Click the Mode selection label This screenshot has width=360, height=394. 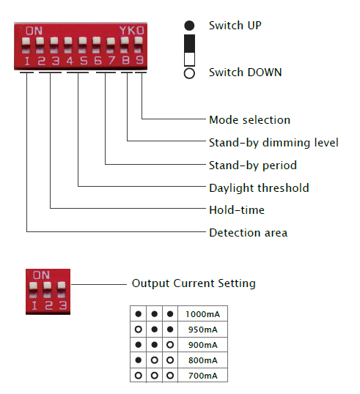coord(249,120)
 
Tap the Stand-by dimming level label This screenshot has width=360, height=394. coord(273,143)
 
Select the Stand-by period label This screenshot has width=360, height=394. coord(253,166)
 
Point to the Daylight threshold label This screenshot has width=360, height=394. coord(259,188)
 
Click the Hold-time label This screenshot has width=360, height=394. coord(237,210)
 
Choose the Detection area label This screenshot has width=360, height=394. coord(249,233)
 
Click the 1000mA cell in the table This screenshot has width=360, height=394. coord(203,314)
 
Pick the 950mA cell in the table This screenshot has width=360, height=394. coord(203,330)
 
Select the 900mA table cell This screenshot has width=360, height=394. coord(203,345)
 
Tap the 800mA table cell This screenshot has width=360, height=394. coord(203,360)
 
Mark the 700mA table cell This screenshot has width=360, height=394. coord(203,376)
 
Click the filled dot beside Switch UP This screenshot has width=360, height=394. coord(189,26)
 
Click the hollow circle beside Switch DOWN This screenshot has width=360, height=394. coord(189,73)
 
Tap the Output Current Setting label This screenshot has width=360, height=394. coord(194,283)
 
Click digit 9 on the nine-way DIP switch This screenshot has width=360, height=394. coord(139,60)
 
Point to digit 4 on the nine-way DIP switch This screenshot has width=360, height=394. coord(70,61)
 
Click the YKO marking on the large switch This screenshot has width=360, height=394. coord(132,31)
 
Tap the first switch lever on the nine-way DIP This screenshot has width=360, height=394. coord(26,45)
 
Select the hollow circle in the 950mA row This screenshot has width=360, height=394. coord(139,329)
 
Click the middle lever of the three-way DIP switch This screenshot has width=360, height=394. coord(47,289)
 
